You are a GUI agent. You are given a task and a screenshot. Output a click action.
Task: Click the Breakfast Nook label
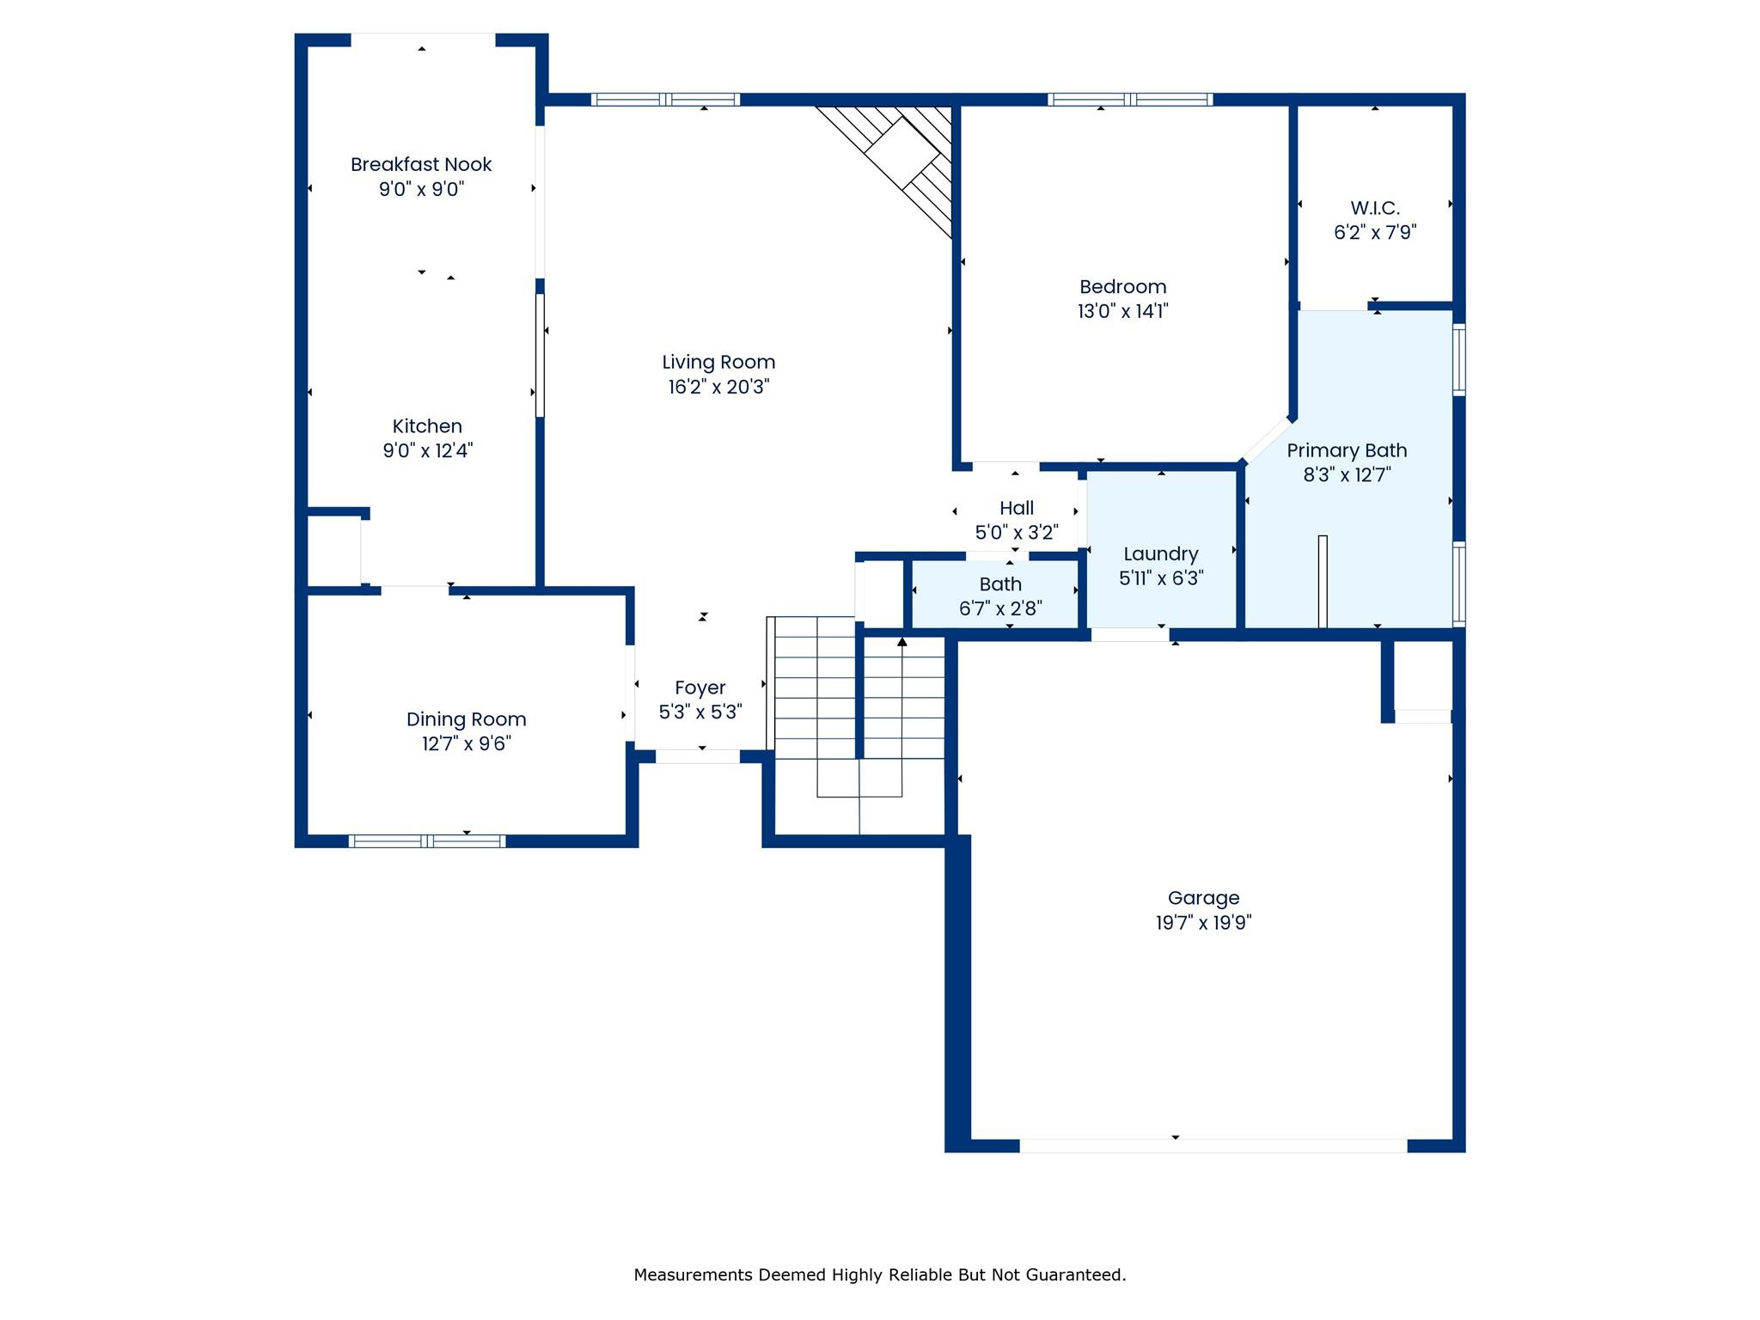(420, 164)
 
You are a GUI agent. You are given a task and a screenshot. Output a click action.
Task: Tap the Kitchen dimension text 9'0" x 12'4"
(427, 450)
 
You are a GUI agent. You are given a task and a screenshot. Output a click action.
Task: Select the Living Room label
(718, 362)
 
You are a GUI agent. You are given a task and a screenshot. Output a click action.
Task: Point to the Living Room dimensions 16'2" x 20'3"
(718, 387)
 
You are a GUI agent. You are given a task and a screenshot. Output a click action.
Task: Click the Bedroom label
(1122, 286)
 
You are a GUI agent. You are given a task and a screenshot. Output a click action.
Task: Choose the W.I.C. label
(1374, 207)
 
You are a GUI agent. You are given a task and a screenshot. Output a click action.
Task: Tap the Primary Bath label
(1346, 450)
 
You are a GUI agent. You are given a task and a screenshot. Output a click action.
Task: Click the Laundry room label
(1160, 553)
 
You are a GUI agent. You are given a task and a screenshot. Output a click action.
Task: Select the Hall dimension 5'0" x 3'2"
(1016, 532)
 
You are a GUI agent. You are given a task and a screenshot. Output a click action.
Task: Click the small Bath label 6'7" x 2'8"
(1000, 584)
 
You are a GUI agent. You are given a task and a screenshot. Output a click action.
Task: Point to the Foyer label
(700, 687)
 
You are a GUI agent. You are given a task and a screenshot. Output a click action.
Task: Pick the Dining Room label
(466, 719)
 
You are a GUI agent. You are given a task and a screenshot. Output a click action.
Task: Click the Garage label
(1203, 898)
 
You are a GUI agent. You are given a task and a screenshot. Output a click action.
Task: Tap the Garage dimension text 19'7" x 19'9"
(1203, 923)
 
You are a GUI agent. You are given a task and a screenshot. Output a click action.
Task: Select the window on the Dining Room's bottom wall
(427, 840)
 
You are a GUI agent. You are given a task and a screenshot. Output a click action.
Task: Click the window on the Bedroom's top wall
(1129, 100)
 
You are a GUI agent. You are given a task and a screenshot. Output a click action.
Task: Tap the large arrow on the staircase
(901, 642)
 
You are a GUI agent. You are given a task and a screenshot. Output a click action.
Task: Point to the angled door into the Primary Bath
(1265, 439)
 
